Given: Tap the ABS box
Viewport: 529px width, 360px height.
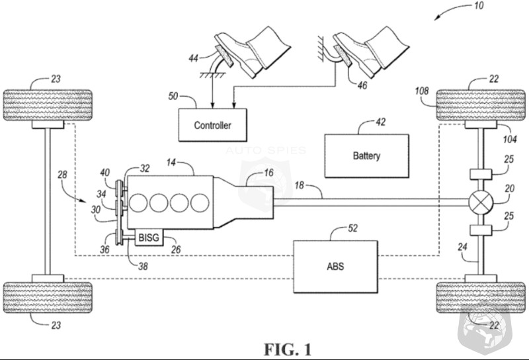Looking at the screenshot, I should point(335,267).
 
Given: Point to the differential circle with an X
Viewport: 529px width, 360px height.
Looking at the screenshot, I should point(478,202).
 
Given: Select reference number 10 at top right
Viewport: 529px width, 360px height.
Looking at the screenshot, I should point(479,6).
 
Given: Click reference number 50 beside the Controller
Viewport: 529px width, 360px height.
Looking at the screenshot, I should point(173,96).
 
